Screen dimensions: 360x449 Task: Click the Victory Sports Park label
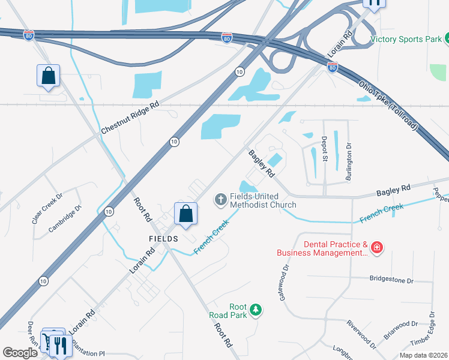406,40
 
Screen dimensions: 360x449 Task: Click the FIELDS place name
164,239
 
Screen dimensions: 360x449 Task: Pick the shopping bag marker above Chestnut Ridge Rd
48,76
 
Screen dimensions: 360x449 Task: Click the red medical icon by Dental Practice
376,247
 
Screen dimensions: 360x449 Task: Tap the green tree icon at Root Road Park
256,309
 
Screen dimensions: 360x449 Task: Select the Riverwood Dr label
361,334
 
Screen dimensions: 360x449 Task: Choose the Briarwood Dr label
401,330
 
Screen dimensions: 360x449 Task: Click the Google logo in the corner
20,353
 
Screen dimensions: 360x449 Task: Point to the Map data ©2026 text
423,355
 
